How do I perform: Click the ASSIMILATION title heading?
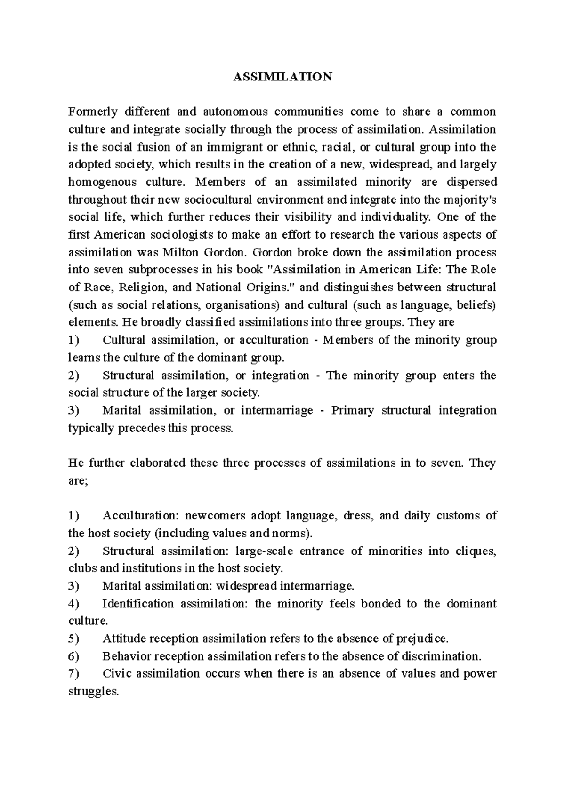282,77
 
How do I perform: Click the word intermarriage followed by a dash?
277,410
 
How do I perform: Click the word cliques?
477,551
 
